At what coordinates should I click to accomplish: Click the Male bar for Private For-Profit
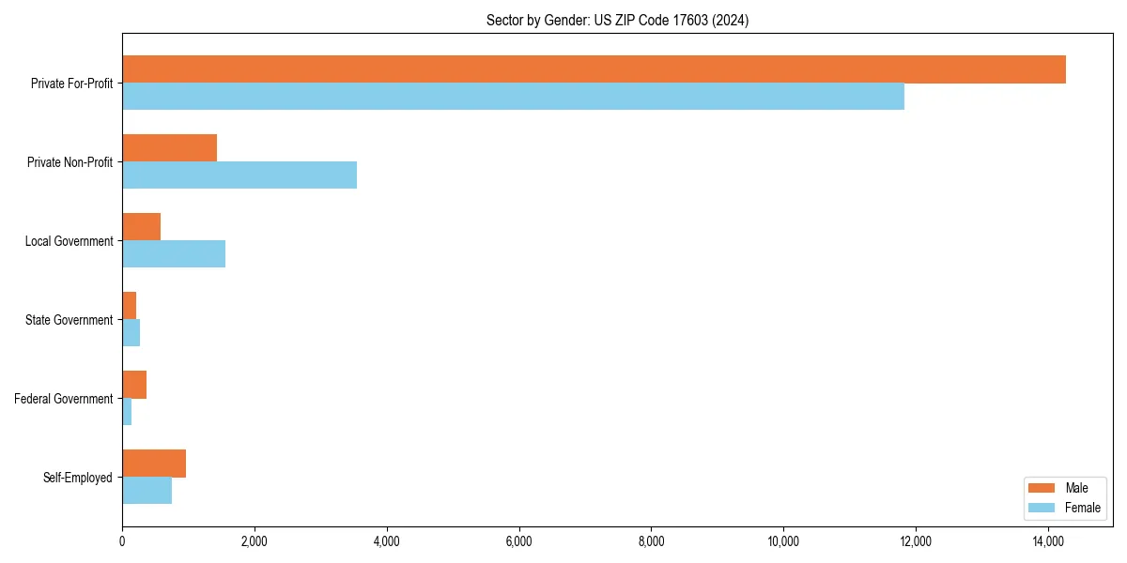pyautogui.click(x=594, y=69)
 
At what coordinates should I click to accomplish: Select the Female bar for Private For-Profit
pyautogui.click(x=513, y=97)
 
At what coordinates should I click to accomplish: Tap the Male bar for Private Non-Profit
pyautogui.click(x=169, y=148)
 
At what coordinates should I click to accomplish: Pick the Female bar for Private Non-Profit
pyautogui.click(x=239, y=175)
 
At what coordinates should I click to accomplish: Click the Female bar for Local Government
pyautogui.click(x=174, y=254)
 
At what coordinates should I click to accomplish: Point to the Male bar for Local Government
pyautogui.click(x=141, y=227)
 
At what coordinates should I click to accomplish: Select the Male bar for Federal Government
pyautogui.click(x=134, y=385)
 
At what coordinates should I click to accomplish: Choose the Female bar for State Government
pyautogui.click(x=131, y=333)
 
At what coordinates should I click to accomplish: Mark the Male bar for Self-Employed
pyautogui.click(x=154, y=464)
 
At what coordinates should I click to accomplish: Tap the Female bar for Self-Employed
pyautogui.click(x=147, y=491)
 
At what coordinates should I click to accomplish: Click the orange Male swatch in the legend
pyautogui.click(x=1042, y=488)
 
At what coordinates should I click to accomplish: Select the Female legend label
pyautogui.click(x=1082, y=508)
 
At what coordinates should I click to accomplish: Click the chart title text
pyautogui.click(x=617, y=20)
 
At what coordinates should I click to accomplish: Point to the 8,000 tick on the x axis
pyautogui.click(x=651, y=540)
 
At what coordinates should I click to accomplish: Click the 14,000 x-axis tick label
pyautogui.click(x=1047, y=540)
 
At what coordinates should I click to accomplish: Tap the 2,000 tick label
pyautogui.click(x=255, y=540)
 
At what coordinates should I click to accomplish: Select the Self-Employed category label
pyautogui.click(x=78, y=478)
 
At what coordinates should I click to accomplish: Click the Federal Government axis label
pyautogui.click(x=64, y=399)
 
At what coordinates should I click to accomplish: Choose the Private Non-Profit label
pyautogui.click(x=70, y=162)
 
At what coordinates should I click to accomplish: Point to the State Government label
pyautogui.click(x=69, y=320)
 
